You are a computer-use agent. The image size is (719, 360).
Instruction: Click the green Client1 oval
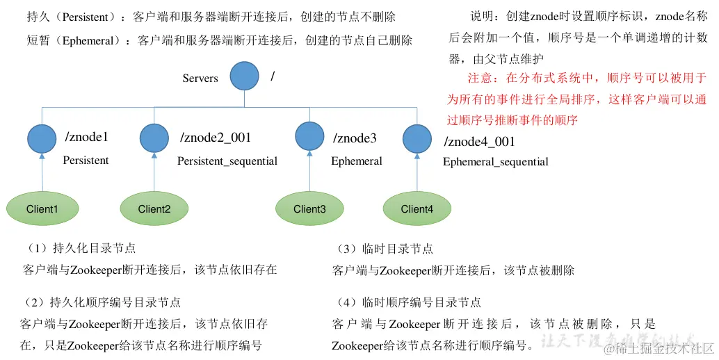point(42,208)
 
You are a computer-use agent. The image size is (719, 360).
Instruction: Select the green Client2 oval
point(154,208)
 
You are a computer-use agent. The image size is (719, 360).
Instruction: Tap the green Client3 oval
point(309,208)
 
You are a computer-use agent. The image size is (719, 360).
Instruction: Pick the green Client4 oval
point(417,208)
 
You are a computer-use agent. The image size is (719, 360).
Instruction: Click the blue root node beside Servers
point(244,76)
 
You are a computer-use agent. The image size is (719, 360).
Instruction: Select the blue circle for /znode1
point(42,138)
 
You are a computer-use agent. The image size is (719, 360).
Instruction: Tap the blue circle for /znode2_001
point(154,138)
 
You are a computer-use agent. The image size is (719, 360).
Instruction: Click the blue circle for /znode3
point(309,137)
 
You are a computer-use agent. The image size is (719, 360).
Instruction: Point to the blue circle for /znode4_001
point(417,138)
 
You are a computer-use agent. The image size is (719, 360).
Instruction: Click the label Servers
point(200,78)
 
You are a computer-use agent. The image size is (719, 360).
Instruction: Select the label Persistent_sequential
point(227,161)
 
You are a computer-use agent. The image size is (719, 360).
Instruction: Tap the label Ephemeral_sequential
point(495,162)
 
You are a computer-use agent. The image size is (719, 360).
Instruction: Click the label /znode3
point(355,138)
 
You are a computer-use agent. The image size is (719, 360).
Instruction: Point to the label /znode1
point(86,137)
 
